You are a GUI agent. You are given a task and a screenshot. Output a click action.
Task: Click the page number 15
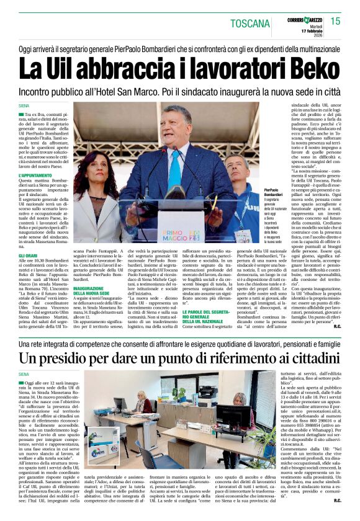(x=335, y=21)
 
